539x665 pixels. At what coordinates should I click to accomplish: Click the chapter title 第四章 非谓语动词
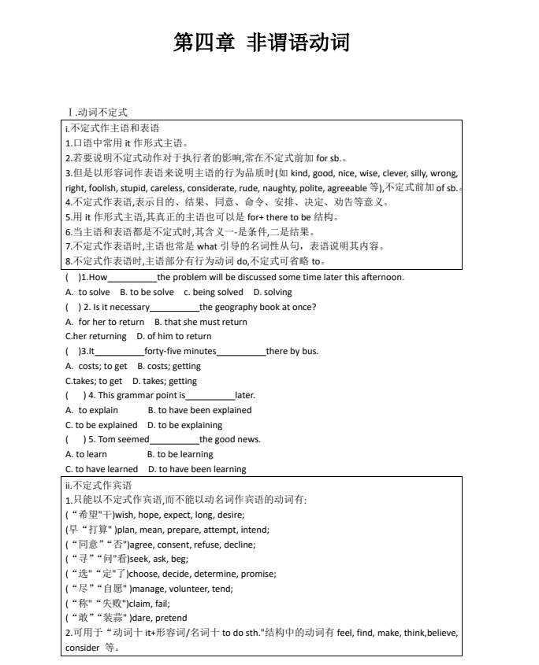261,42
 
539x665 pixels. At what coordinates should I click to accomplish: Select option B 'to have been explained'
200,410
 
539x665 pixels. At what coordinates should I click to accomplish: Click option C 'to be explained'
101,425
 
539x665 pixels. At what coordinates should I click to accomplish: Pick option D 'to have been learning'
197,469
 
